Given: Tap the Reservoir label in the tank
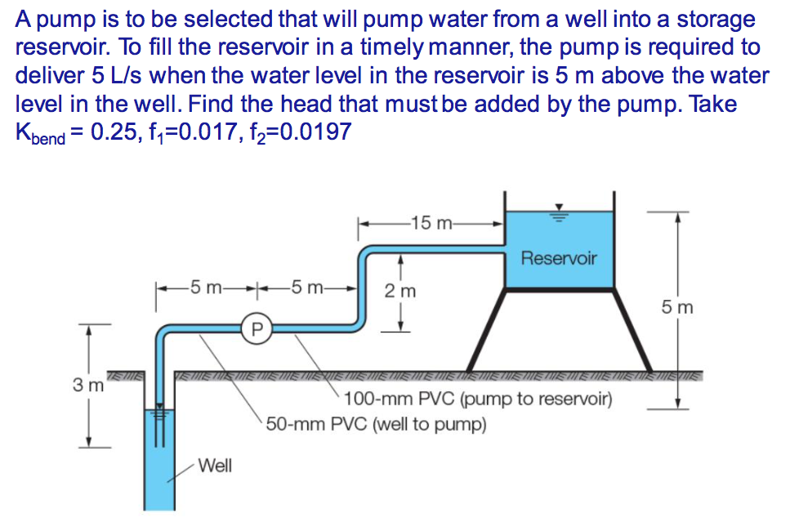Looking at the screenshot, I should pyautogui.click(x=559, y=258).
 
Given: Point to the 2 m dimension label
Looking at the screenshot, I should pyautogui.click(x=400, y=291).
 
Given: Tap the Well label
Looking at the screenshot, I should pyautogui.click(x=216, y=466).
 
